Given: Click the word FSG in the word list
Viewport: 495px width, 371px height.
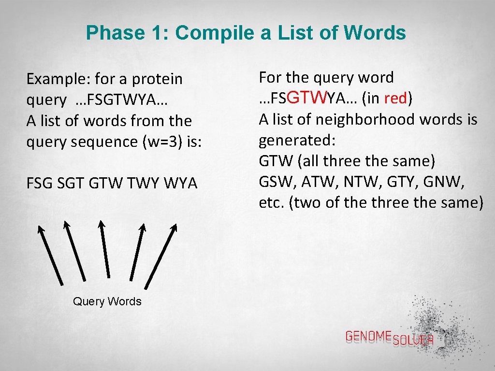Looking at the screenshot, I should point(40,184).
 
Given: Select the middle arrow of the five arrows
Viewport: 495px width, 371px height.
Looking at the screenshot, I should point(104,249).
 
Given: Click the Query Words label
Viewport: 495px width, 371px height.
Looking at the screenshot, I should point(107,301).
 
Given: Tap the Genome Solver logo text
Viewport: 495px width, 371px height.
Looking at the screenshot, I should point(389,338).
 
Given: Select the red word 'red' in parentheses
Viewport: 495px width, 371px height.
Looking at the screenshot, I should point(396,99).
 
